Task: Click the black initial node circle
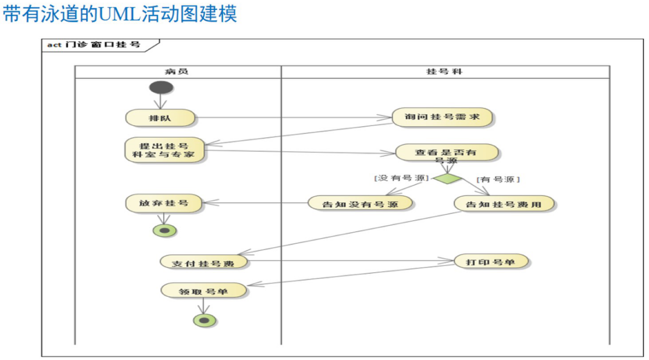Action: [x=161, y=87]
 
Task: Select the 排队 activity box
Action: [x=160, y=118]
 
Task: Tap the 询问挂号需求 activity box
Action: [x=442, y=117]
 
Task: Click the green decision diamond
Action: [x=447, y=179]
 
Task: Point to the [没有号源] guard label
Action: [x=401, y=178]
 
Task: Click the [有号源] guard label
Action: [x=498, y=179]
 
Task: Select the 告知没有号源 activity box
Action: [x=360, y=204]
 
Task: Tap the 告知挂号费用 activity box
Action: [x=504, y=204]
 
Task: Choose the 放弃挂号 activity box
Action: [x=164, y=203]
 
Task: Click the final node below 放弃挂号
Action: [x=165, y=230]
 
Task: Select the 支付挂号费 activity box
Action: [x=203, y=262]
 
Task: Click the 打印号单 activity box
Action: [x=491, y=261]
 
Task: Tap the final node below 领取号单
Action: [x=204, y=319]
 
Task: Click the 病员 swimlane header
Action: [x=177, y=72]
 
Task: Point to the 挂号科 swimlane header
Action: [x=445, y=72]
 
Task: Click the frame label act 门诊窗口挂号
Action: [x=94, y=45]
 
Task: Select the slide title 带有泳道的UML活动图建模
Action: [x=120, y=14]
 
